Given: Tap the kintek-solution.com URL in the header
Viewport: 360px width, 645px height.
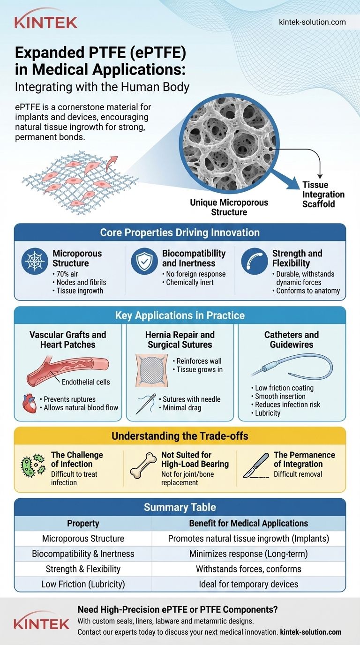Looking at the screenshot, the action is tap(312, 22).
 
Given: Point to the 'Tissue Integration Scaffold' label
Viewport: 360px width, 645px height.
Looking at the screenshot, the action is tap(323, 195).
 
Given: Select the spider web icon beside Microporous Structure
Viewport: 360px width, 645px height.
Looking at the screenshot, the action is tap(35, 261).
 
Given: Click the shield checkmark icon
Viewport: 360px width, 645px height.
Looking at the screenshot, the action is tap(144, 261).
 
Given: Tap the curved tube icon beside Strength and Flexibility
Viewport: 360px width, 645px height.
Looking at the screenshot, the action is tap(255, 261).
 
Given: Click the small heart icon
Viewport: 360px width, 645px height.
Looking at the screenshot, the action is tap(30, 404).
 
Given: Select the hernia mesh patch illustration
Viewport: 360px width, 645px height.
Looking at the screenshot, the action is tap(151, 370).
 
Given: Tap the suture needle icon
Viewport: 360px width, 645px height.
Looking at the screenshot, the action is tap(146, 404).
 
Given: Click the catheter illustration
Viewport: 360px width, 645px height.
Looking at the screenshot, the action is tap(292, 366).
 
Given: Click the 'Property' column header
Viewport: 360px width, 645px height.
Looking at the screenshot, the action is tap(83, 523).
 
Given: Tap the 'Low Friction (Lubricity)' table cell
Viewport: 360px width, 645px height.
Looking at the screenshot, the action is tap(83, 584).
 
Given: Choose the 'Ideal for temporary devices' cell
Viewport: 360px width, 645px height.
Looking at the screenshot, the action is tap(248, 584).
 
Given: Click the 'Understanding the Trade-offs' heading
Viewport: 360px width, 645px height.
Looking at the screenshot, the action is tap(180, 436).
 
